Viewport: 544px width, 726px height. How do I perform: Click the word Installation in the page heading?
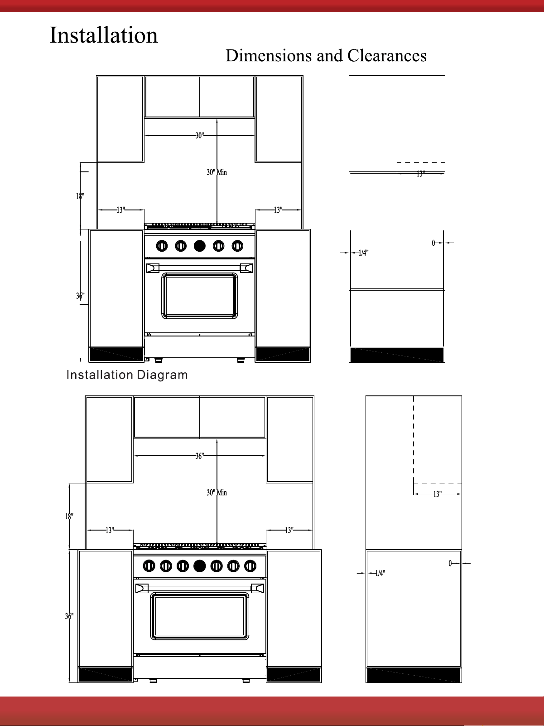point(104,35)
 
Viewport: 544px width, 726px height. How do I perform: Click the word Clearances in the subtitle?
point(387,56)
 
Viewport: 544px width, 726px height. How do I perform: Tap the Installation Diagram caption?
point(127,375)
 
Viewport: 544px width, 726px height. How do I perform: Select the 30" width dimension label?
point(199,136)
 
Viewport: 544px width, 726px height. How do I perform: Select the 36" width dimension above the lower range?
point(199,456)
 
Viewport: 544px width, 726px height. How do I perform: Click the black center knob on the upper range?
point(199,246)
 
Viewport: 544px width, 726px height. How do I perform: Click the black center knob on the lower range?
point(199,566)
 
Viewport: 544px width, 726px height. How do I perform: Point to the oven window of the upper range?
point(199,296)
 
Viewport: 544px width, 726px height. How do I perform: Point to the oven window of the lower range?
point(199,616)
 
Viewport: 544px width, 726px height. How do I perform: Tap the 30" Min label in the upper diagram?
point(217,172)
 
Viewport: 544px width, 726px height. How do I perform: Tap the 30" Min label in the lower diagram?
point(217,492)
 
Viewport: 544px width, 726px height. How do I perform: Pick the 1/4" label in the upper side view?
point(364,253)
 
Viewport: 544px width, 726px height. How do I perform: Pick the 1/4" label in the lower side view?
point(380,573)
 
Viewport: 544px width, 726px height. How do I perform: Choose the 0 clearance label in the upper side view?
point(433,243)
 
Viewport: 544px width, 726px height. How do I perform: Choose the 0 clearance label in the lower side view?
point(450,563)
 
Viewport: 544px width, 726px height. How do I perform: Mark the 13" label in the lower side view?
point(437,494)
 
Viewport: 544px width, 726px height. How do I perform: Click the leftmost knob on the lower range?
point(149,566)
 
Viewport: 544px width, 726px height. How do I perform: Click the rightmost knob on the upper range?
point(237,246)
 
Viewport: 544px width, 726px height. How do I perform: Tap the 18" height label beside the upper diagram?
point(80,196)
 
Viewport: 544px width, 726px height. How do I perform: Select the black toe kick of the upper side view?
point(397,355)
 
